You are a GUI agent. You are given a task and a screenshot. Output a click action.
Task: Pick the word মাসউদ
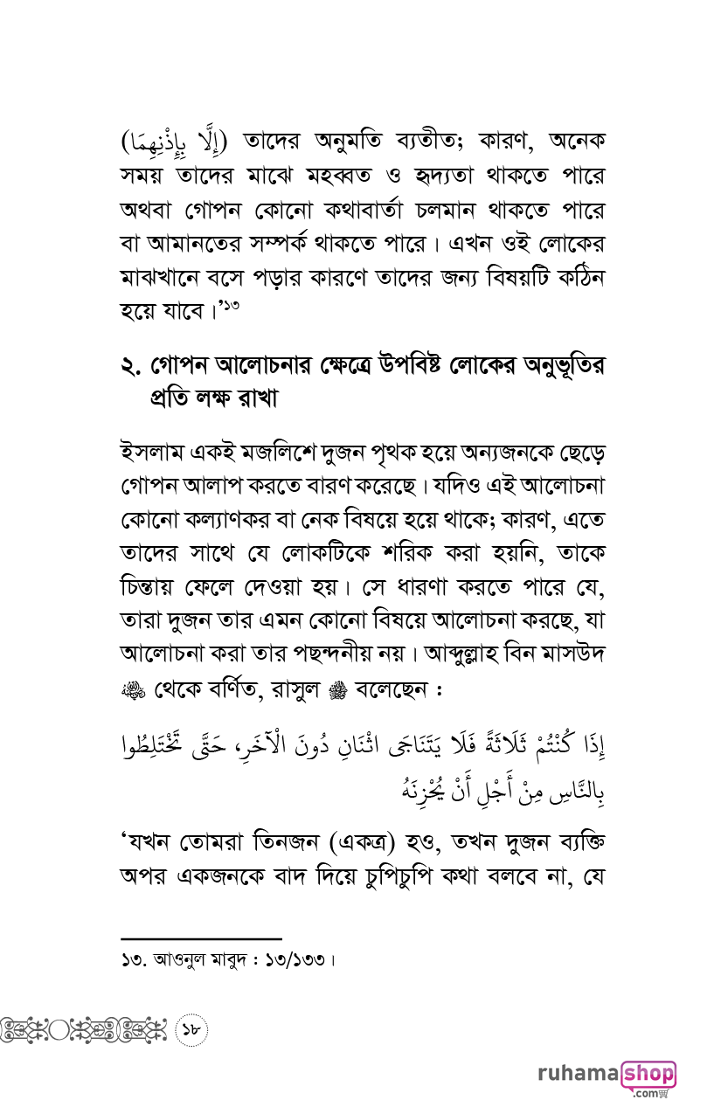click(x=572, y=656)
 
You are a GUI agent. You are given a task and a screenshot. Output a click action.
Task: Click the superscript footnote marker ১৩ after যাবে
click(x=231, y=304)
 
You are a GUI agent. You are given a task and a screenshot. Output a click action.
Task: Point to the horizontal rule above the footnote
click(x=201, y=938)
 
